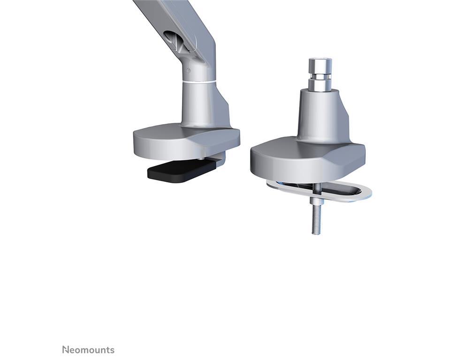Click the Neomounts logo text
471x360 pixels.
click(88, 350)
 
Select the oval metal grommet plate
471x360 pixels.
click(319, 192)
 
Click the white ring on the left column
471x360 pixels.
click(198, 82)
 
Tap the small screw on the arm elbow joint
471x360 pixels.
click(188, 71)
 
